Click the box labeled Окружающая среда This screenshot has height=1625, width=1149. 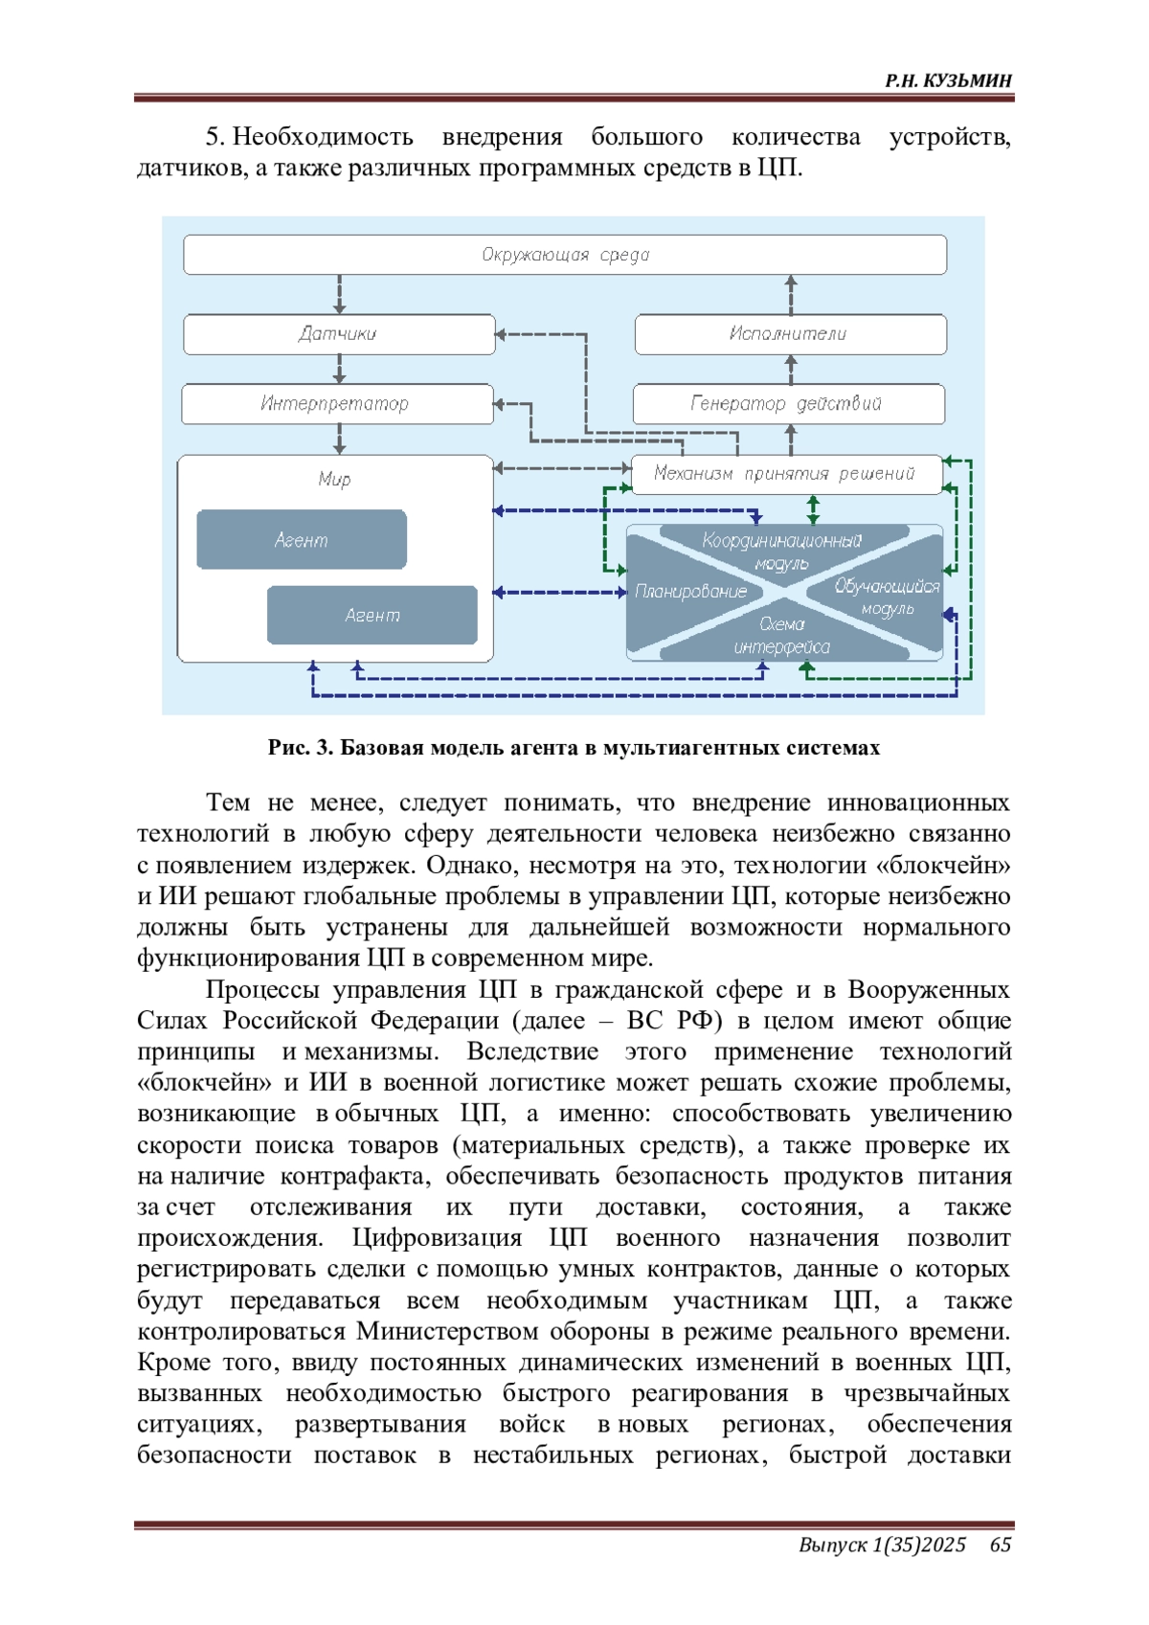(x=564, y=255)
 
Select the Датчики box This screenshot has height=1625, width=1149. (x=339, y=333)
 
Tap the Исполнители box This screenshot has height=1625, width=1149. (x=791, y=333)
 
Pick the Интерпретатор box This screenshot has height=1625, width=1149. (x=337, y=404)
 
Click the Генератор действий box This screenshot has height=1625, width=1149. (x=788, y=404)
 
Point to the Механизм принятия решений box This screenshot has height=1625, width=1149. (x=786, y=474)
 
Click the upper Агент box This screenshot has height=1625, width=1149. (x=301, y=540)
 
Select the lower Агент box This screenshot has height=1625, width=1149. (x=372, y=615)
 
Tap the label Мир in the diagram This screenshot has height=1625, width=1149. (x=334, y=479)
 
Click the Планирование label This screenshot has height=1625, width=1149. (x=690, y=591)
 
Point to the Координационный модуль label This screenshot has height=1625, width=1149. (x=781, y=552)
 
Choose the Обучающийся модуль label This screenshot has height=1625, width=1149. (x=887, y=597)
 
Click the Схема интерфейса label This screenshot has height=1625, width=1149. (x=781, y=636)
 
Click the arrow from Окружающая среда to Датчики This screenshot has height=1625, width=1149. (x=339, y=295)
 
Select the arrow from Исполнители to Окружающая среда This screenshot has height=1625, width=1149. (x=792, y=295)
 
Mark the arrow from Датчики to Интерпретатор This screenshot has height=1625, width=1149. (x=339, y=370)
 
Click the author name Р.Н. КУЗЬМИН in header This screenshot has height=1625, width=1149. (x=947, y=80)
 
